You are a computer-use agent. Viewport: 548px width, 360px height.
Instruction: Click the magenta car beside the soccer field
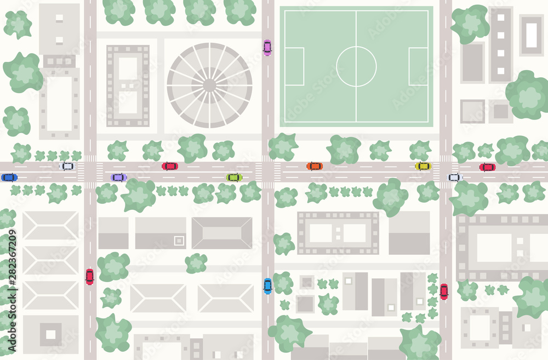(267, 48)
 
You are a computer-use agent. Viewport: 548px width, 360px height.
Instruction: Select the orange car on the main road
(315, 166)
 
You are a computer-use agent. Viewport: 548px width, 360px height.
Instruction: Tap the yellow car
(423, 166)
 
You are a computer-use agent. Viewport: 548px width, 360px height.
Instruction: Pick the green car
(234, 177)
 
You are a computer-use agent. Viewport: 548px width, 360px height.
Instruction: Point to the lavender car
(118, 177)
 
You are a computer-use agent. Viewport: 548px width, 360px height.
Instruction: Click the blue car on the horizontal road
(9, 177)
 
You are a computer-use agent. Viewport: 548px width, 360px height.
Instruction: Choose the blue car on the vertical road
(267, 285)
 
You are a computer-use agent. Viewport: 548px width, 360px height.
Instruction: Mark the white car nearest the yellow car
(455, 177)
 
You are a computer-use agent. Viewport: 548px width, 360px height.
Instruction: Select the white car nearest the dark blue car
(66, 166)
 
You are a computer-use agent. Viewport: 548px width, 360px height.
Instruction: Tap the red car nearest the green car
(169, 166)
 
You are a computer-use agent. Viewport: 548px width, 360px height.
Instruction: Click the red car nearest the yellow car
(487, 167)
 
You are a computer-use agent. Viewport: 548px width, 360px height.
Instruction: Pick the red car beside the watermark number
(89, 277)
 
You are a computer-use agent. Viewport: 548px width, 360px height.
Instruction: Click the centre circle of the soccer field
(356, 66)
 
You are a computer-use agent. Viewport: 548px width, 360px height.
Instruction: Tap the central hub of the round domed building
(209, 85)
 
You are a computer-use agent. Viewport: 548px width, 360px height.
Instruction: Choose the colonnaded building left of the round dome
(128, 85)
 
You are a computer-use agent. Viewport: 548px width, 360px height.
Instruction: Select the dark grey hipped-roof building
(221, 233)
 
